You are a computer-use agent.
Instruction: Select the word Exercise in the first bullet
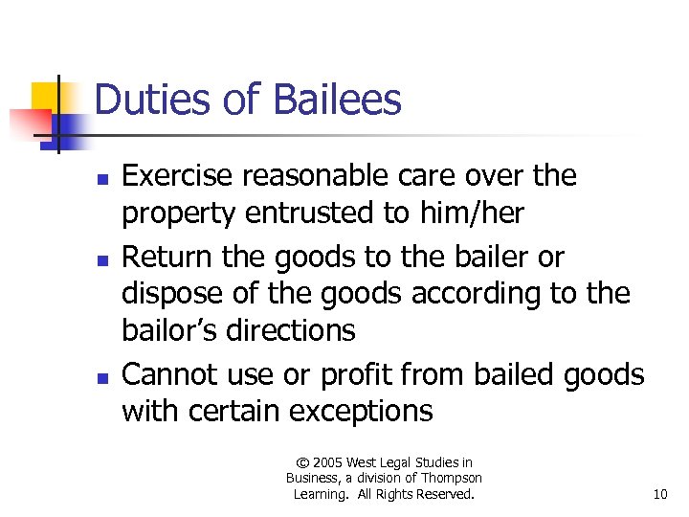181,176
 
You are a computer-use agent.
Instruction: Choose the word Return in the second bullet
167,258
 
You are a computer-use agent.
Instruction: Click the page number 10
660,494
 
